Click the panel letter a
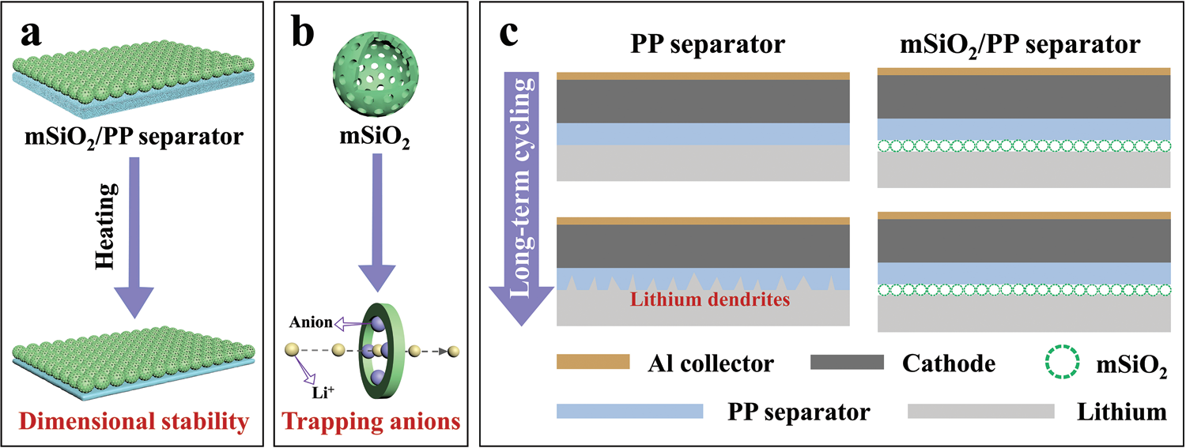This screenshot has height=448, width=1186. [37, 36]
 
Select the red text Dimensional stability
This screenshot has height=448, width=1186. [130, 423]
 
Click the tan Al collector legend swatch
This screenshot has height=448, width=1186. [593, 362]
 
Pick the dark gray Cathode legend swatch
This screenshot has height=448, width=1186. [847, 362]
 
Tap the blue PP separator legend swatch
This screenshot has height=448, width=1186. [629, 411]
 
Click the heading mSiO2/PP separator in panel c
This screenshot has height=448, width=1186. [1021, 45]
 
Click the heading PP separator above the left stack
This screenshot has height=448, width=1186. [707, 45]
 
